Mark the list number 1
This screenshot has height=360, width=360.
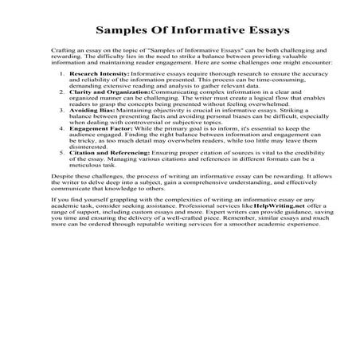pyautogui.click(x=63, y=72)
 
